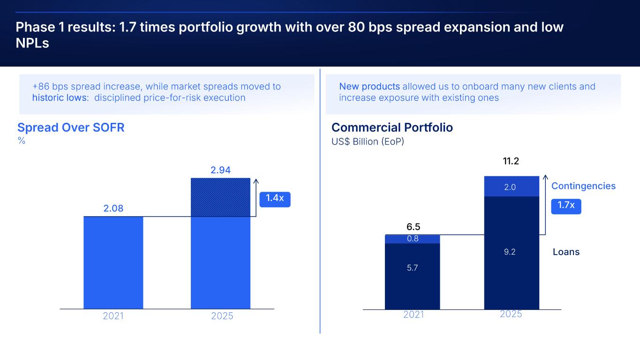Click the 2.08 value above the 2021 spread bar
tap(113, 208)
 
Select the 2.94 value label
tap(220, 170)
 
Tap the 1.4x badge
tap(275, 198)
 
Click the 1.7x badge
tap(566, 205)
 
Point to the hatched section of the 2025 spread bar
tap(220, 197)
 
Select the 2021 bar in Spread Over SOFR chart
tap(113, 262)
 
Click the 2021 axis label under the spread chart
tap(113, 316)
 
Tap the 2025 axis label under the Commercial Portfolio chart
tap(511, 314)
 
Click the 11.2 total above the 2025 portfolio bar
tap(511, 162)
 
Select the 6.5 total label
tap(413, 227)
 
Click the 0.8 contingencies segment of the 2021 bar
tap(413, 239)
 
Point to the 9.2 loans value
tap(510, 252)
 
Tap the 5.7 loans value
tap(413, 268)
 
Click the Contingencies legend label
tap(583, 186)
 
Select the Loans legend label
tap(566, 252)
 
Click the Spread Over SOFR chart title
tap(71, 127)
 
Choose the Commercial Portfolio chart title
tap(392, 127)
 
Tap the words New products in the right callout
tap(369, 86)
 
